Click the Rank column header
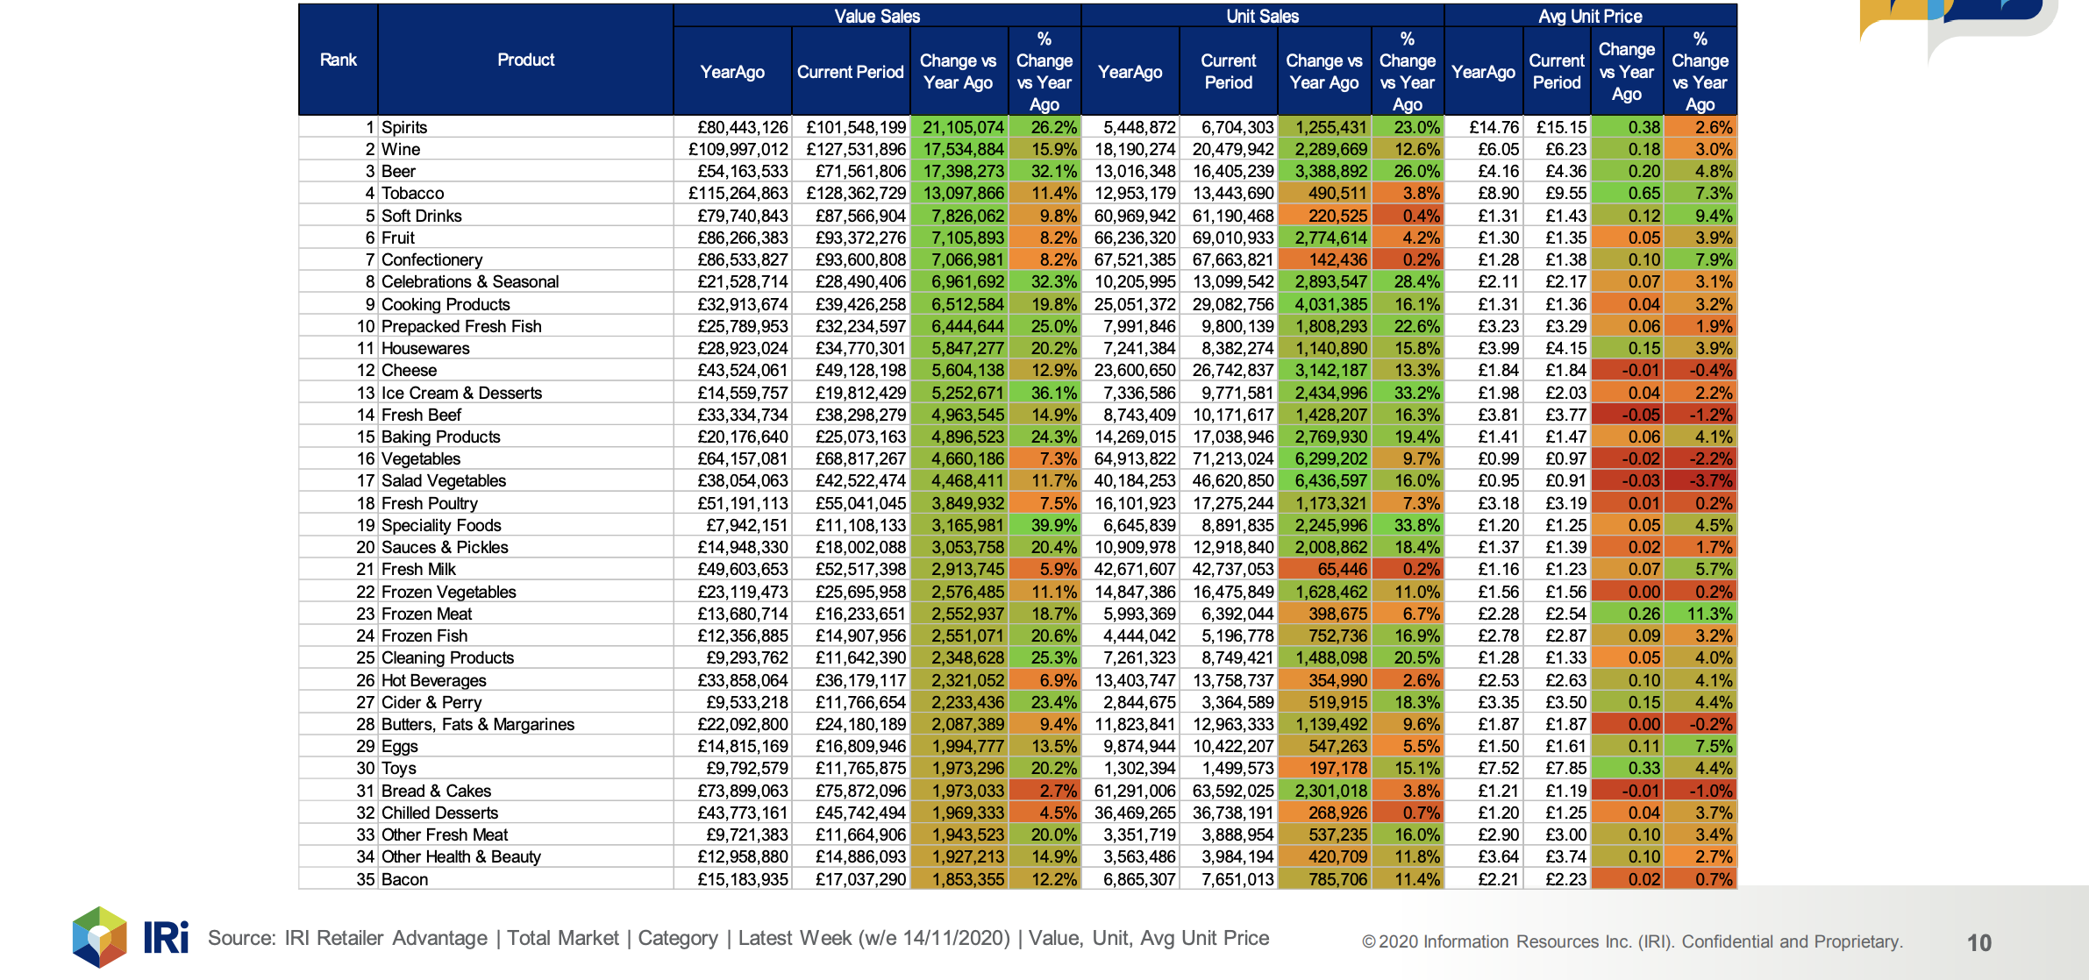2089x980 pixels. click(339, 60)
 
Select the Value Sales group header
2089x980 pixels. click(877, 16)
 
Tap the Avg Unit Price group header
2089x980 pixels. click(1590, 16)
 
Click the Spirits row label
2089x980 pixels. click(404, 127)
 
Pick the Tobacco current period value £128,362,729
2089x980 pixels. click(856, 193)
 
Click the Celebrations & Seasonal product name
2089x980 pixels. click(470, 281)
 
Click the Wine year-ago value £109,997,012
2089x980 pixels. click(738, 149)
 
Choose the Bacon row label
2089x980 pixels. click(405, 879)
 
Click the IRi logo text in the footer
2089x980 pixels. click(166, 937)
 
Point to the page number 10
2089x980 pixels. click(1979, 942)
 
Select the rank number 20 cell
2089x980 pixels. click(366, 547)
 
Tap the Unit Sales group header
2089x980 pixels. click(1263, 16)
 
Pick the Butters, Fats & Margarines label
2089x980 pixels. click(478, 724)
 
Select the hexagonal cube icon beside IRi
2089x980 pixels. click(100, 937)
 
